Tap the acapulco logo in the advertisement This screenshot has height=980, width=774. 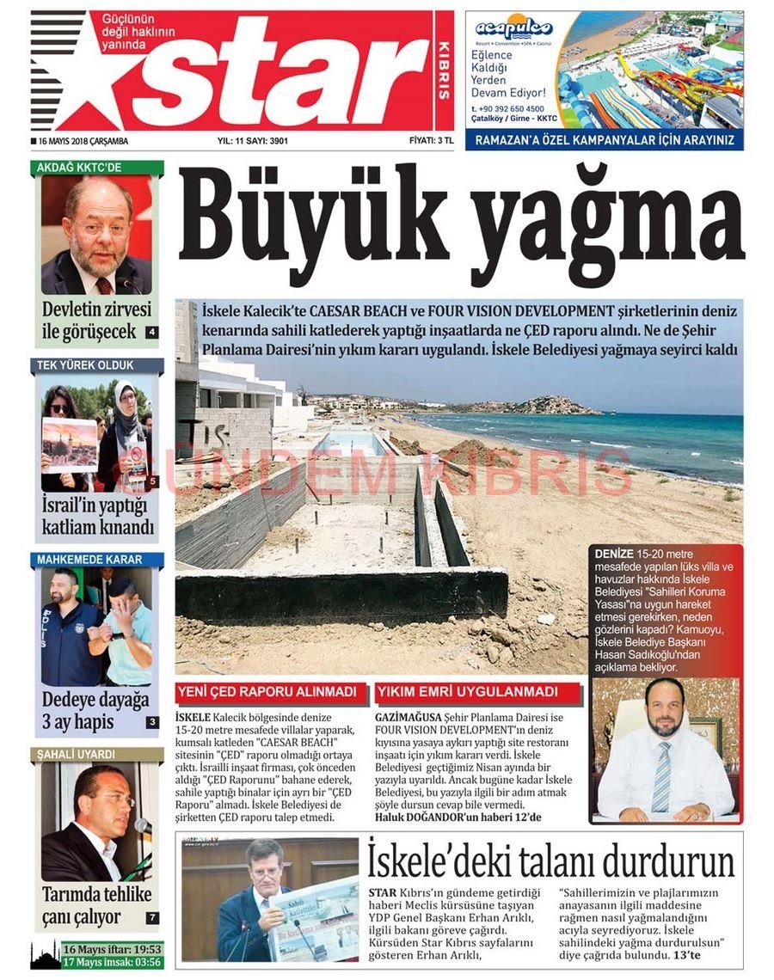513,28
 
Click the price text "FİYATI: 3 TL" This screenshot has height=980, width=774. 431,140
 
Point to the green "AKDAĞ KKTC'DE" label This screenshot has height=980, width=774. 80,168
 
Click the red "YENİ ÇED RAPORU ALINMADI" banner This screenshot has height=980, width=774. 267,692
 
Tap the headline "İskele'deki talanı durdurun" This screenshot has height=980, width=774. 550,861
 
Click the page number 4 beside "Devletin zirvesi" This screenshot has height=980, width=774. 152,332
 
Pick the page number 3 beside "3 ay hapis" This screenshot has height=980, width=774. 152,722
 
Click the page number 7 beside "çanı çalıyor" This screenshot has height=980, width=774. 152,917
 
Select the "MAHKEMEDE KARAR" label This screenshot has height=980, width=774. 89,560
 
